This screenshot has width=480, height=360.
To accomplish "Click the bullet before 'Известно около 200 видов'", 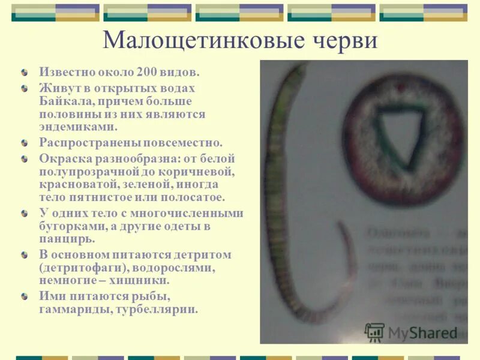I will tap(25, 72).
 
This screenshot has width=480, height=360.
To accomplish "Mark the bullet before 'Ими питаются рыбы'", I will tap(25, 296).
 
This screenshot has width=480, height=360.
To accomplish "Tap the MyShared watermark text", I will tap(422, 332).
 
